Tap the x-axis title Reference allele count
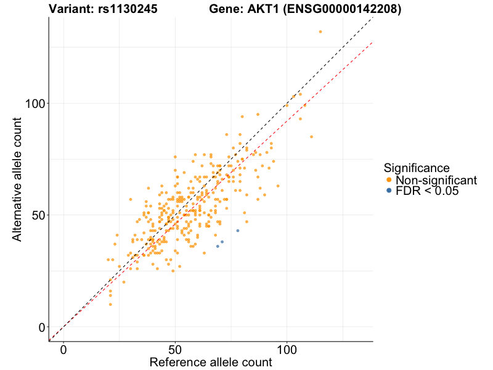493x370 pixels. click(x=211, y=362)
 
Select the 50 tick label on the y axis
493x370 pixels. click(x=39, y=215)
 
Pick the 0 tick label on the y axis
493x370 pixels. click(x=43, y=327)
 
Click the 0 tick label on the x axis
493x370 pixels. click(x=64, y=349)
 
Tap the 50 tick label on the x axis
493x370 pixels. click(x=176, y=349)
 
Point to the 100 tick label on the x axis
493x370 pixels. click(x=287, y=349)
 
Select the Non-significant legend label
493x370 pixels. click(x=436, y=180)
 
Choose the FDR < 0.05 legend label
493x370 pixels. click(x=427, y=191)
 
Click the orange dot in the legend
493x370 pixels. click(x=388, y=180)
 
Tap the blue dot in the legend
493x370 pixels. click(x=388, y=191)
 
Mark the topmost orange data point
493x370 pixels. click(x=320, y=31)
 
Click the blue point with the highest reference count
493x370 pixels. click(x=238, y=231)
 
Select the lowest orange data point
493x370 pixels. click(x=110, y=304)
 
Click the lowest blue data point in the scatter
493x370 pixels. click(x=218, y=246)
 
